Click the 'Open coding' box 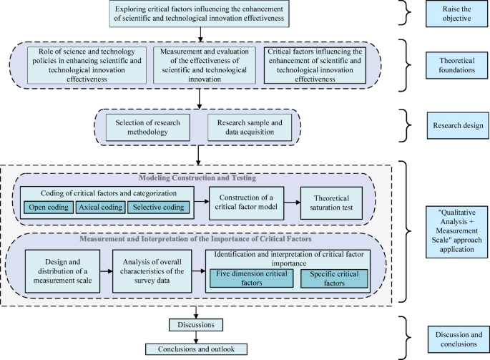pyautogui.click(x=47, y=208)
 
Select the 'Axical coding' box pyautogui.click(x=99, y=208)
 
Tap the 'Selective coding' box pyautogui.click(x=157, y=208)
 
